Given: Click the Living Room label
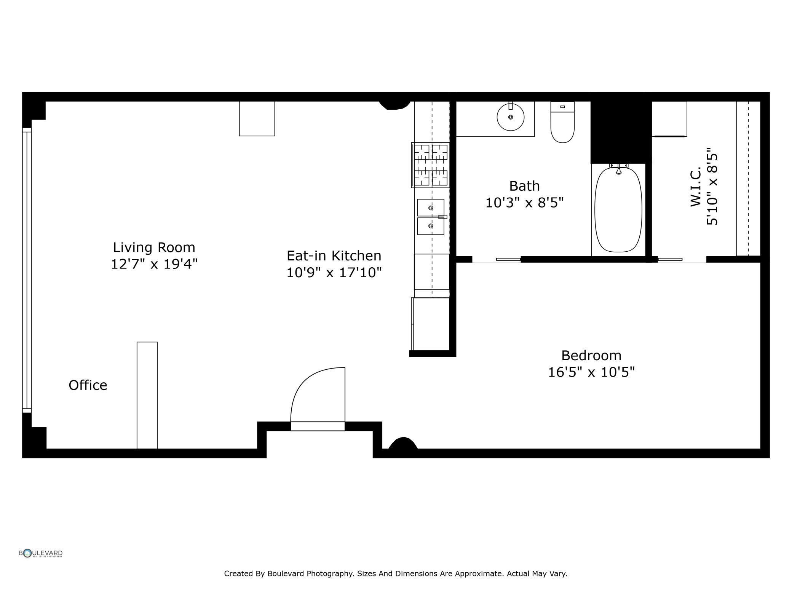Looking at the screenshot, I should pos(154,247).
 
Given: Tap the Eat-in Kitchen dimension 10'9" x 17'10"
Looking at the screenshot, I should pos(334,273).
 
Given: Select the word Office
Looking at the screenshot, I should pos(88,385).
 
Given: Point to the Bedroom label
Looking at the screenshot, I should pos(591,355).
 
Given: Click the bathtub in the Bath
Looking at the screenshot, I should pos(618,210).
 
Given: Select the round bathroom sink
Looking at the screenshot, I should pos(510,117).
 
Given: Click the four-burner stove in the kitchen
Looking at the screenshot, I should pos(431,165).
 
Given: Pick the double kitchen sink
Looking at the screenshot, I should pos(431,217).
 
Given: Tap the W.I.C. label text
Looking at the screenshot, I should pos(696,187).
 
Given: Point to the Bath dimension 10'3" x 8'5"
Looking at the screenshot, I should pos(524,203).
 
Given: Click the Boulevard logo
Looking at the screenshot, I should pos(41,553).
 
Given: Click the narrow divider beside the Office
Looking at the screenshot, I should pos(147,395).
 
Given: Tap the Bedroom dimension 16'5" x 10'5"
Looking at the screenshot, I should pos(591,372).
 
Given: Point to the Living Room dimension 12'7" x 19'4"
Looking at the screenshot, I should pos(154,264).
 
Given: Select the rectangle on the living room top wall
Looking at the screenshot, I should pos(257,118).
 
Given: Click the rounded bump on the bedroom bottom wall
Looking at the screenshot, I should pos(403,444).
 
